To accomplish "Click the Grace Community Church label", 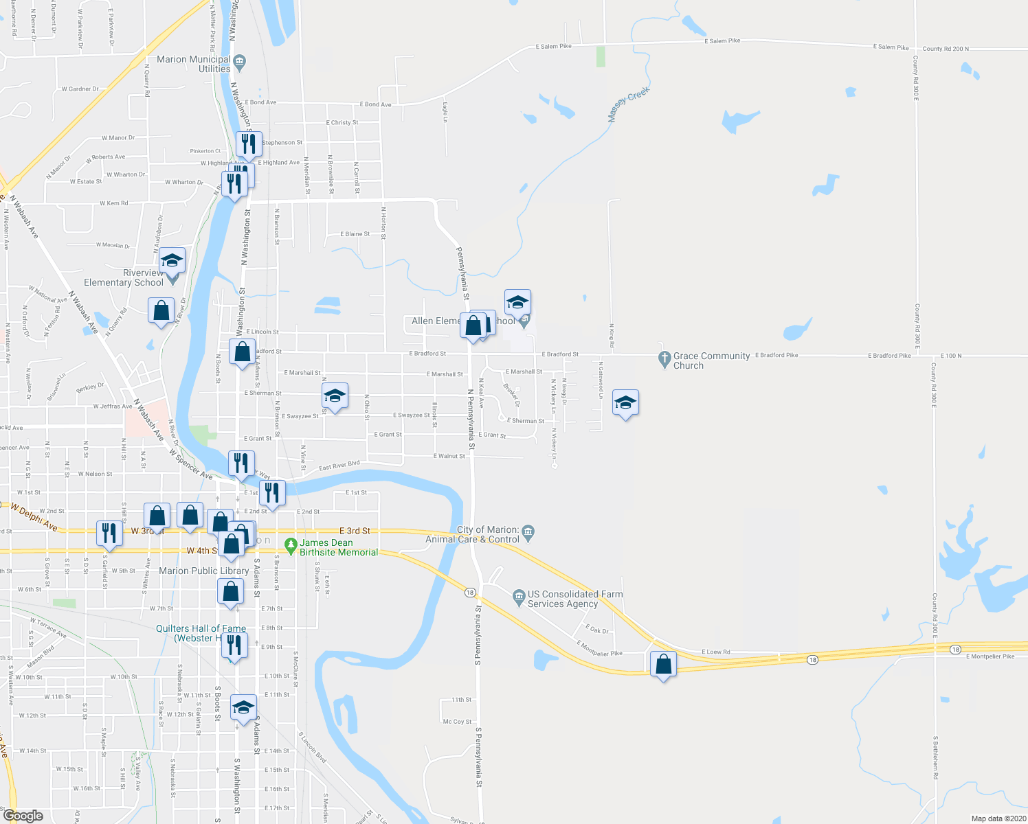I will pos(711,360).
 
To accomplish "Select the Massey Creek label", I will pos(629,104).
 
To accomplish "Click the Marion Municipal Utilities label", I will pos(194,64).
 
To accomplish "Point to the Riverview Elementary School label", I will pos(124,277).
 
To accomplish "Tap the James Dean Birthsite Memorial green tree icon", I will pos(291,547).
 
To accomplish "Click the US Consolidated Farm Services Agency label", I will pos(574,599).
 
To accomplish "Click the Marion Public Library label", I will pos(203,571).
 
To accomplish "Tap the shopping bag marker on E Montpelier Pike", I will pos(663,665).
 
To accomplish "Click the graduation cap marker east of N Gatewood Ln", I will pos(625,403).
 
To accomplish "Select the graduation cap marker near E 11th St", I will pos(243,708).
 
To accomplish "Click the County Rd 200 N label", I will pos(946,49).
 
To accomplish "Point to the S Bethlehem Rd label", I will pos(935,757).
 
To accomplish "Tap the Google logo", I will pos(23,816).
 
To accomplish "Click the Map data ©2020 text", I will pos(996,819).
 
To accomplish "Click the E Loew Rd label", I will pos(716,652).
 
